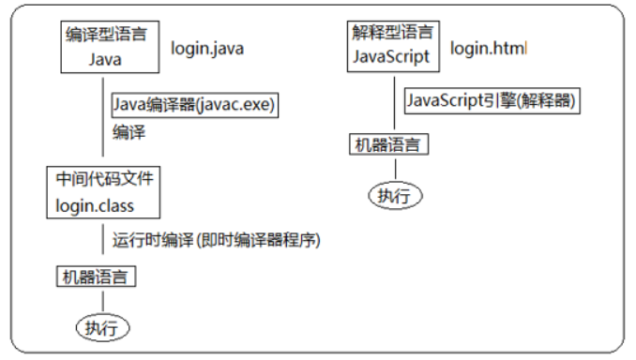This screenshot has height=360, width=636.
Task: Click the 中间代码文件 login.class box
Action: tap(103, 192)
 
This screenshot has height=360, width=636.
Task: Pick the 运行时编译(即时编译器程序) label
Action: tap(217, 240)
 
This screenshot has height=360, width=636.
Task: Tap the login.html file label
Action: tap(489, 48)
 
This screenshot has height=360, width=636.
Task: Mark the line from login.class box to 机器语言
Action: tap(102, 241)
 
